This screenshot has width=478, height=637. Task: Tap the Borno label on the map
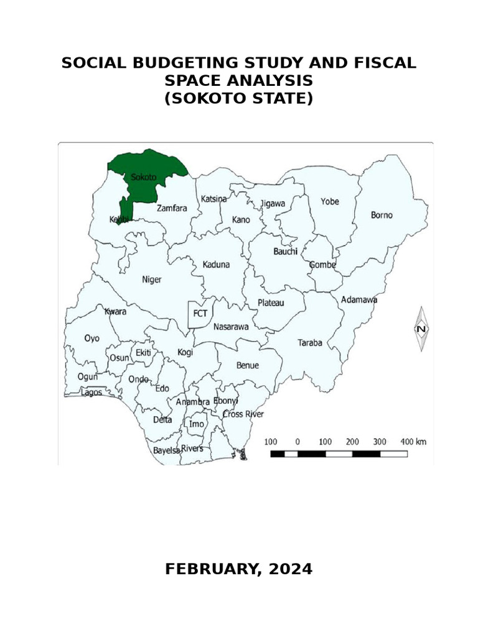pos(382,215)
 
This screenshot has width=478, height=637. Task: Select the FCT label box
pos(200,314)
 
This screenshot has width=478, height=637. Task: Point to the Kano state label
pos(241,220)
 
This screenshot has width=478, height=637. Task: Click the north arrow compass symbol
pos(422,328)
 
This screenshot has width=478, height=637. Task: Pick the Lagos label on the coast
pos(90,393)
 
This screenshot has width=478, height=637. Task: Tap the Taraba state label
pos(310,342)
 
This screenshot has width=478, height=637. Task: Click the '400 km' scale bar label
pos(413,441)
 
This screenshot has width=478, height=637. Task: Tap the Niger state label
pos(151,279)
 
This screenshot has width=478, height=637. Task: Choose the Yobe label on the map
pos(330,201)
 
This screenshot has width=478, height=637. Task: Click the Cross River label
pos(243,414)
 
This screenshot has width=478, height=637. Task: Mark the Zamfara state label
pos(172,208)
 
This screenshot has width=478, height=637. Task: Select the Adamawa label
pos(359,300)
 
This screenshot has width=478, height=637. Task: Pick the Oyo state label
pos(91,338)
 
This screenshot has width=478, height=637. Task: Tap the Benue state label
pos(247,365)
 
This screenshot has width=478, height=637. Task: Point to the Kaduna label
pos(216,264)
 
